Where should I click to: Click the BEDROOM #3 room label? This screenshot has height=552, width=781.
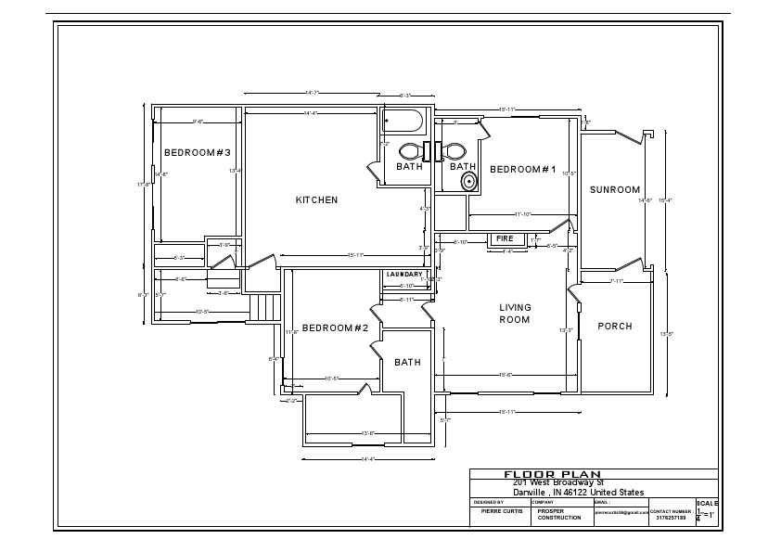coord(198,153)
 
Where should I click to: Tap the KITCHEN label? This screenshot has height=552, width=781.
coord(316,200)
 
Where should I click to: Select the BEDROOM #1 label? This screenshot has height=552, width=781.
coord(522,170)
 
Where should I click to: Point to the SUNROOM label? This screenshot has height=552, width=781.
coord(615,190)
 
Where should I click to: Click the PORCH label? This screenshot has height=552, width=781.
coord(614,327)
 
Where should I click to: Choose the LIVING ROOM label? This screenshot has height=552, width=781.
coord(515,314)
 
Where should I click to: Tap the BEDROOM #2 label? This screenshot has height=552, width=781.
coord(336,328)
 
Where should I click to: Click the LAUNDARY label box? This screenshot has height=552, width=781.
coord(404,275)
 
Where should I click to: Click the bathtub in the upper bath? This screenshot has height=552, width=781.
coord(403,122)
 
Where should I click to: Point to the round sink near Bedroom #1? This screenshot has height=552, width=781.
coord(469,181)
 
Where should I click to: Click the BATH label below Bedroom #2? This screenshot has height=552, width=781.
coord(407,363)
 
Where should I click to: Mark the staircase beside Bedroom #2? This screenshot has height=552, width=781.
coord(264,308)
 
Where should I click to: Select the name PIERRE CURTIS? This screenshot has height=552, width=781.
coord(503,511)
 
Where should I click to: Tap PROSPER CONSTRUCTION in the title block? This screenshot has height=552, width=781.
coord(559,514)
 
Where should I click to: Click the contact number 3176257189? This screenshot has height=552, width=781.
coord(671,518)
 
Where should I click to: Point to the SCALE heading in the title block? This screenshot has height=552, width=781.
coord(706,503)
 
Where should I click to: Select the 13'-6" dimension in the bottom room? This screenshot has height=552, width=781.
coord(368,432)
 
